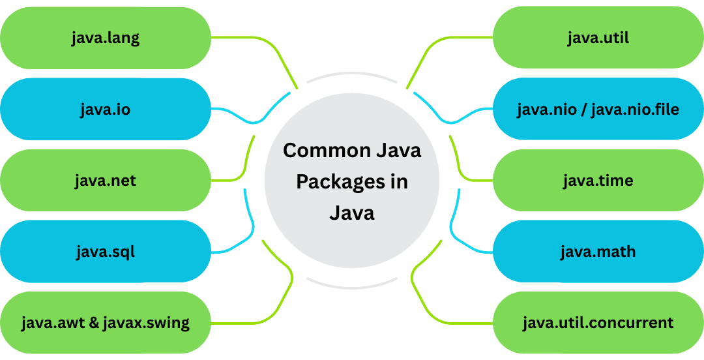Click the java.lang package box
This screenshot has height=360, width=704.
pyautogui.click(x=106, y=38)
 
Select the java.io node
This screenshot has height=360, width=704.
pyautogui.click(x=106, y=109)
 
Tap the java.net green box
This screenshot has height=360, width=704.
pyautogui.click(x=106, y=180)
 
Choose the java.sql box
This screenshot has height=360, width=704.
pyautogui.click(x=106, y=251)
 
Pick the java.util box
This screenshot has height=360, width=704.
pyautogui.click(x=598, y=38)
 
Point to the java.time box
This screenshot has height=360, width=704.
pyautogui.click(x=598, y=180)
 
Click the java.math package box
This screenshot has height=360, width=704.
pyautogui.click(x=598, y=251)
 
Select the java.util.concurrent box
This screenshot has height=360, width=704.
pyautogui.click(x=598, y=322)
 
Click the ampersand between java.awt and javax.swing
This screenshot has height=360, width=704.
pyautogui.click(x=93, y=322)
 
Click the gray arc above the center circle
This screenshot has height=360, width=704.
pyautogui.click(x=352, y=74)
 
